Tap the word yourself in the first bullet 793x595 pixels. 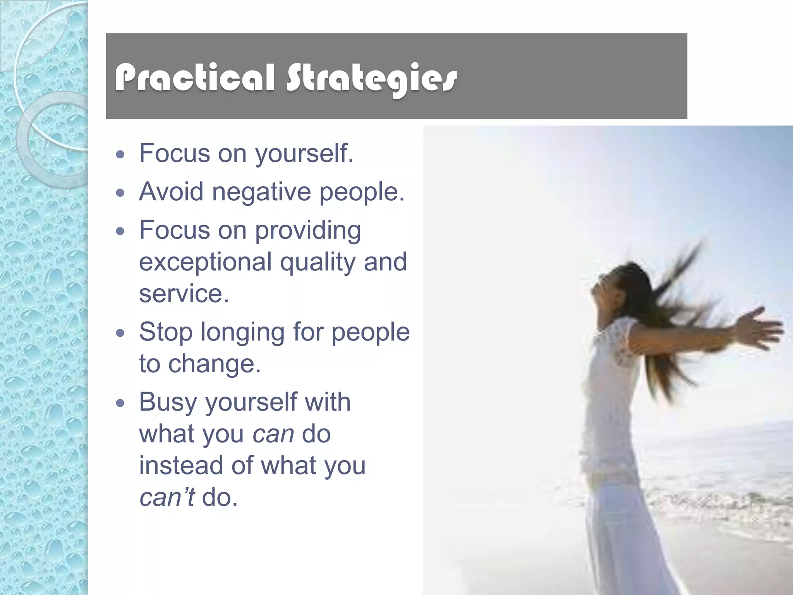pos(304,153)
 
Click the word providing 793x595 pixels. pos(308,231)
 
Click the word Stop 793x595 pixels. pos(166,332)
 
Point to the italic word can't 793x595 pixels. pos(167,497)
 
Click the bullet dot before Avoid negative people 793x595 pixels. pos(120,193)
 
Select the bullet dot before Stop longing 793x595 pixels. pos(120,333)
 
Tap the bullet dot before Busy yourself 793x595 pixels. pos(120,403)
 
